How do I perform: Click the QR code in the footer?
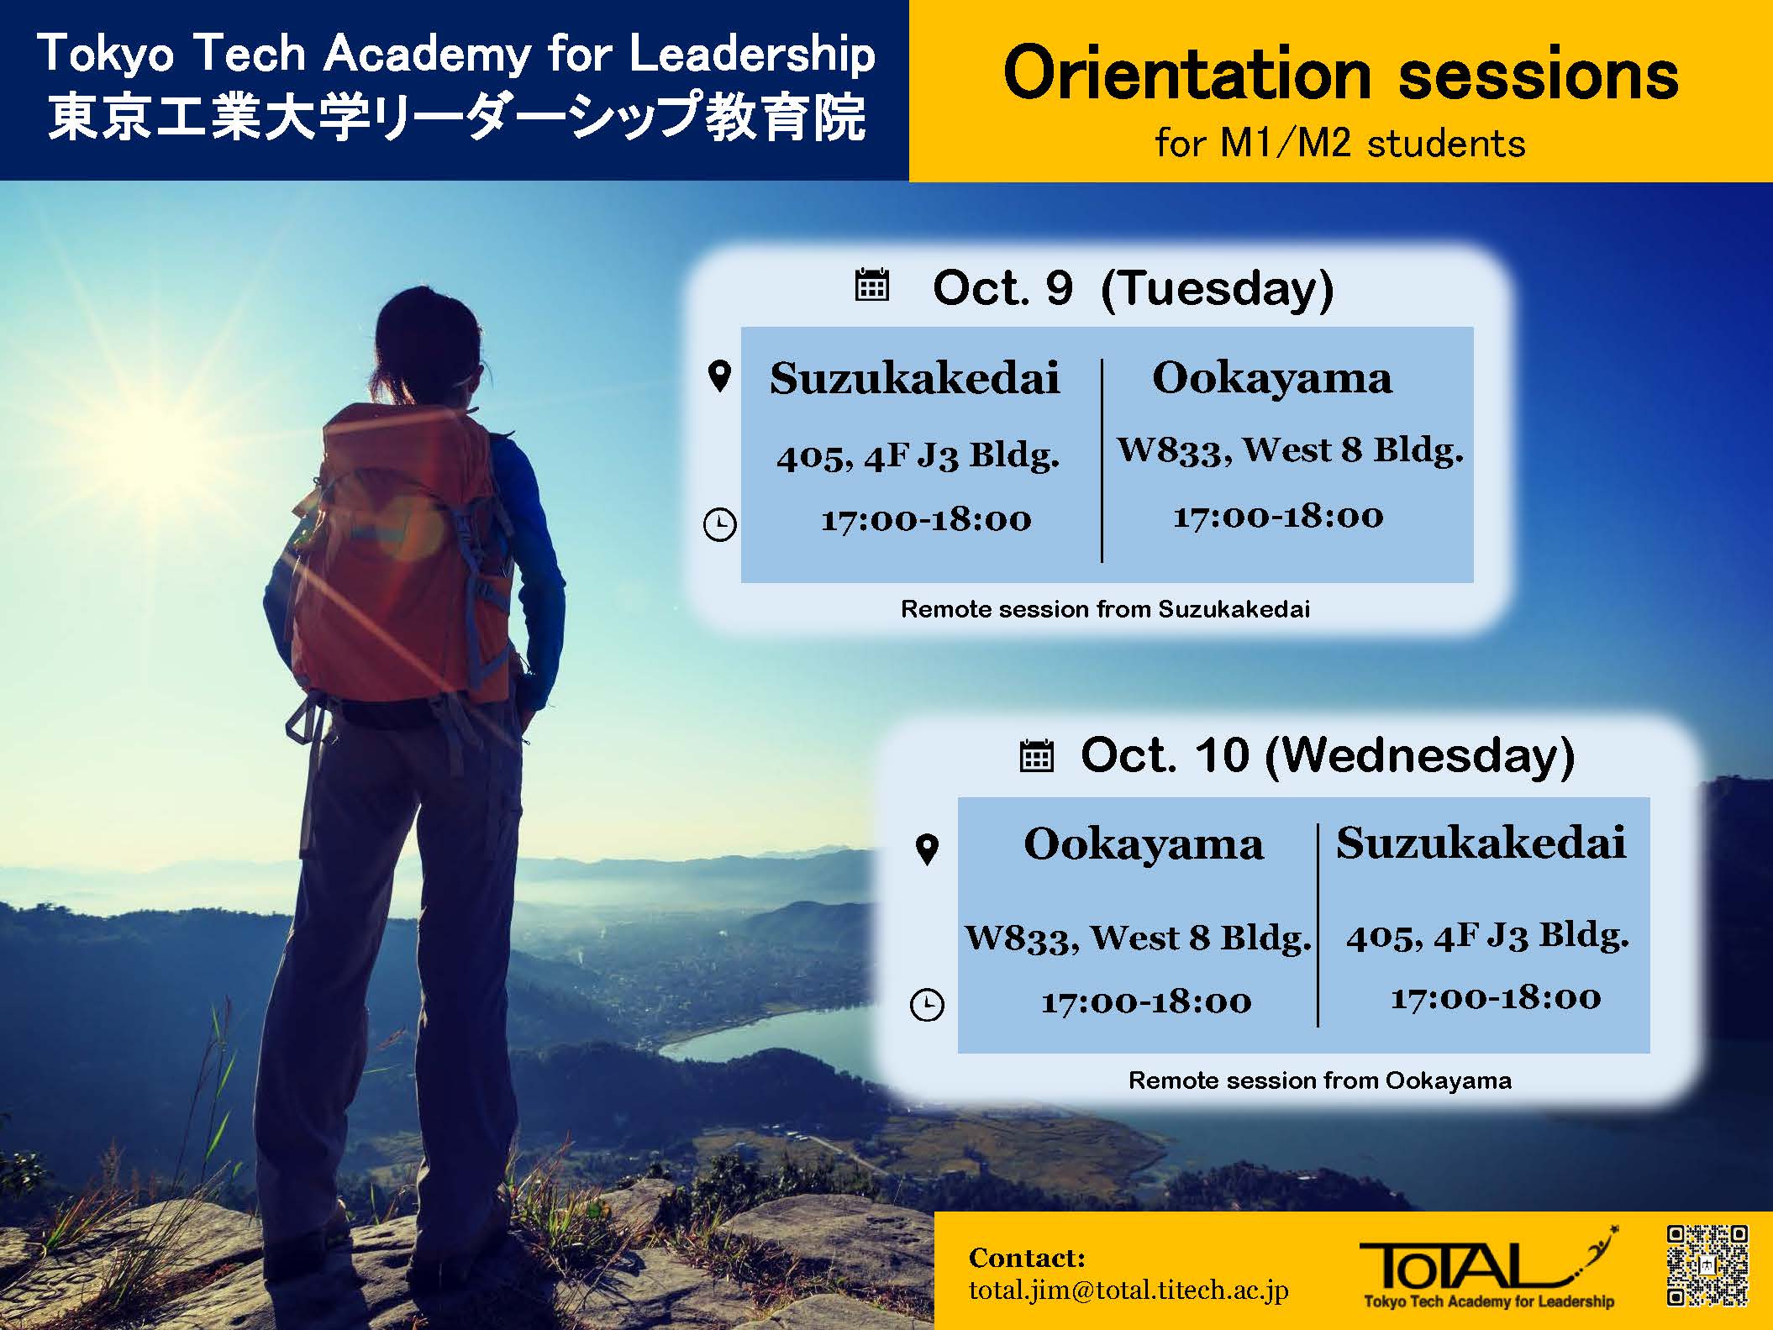click(x=1708, y=1265)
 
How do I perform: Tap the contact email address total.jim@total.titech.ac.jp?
click(x=1129, y=1291)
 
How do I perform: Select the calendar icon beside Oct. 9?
click(x=871, y=285)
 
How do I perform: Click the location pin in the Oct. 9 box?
click(x=720, y=376)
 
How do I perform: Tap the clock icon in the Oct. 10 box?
click(x=927, y=1005)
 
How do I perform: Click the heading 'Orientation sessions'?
click(x=1340, y=76)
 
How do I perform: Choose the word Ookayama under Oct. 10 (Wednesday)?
click(x=1143, y=844)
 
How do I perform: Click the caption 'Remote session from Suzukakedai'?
click(x=1105, y=609)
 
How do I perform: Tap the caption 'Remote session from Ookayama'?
click(x=1319, y=1080)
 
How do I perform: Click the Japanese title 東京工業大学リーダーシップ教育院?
click(x=455, y=118)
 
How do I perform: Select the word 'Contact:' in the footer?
click(x=1027, y=1258)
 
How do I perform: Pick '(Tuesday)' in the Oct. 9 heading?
click(x=1217, y=289)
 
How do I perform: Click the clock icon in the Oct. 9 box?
click(x=719, y=524)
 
